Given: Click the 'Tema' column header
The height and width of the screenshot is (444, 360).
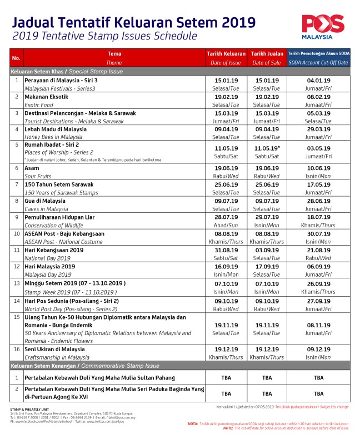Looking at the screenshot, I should point(114,53).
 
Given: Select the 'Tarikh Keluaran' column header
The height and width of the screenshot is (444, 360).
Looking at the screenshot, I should point(226,53).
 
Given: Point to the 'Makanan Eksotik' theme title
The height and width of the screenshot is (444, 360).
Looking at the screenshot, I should point(46,97).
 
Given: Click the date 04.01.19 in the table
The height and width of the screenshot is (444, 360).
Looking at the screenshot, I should point(318,81).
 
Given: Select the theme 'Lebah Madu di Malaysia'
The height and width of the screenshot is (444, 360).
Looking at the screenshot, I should point(56,129).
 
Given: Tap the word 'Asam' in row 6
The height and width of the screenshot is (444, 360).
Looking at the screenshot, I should point(31,167).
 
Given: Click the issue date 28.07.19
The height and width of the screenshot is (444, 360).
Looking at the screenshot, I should point(226,216).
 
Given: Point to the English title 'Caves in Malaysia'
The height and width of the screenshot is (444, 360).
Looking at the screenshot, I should point(46,209).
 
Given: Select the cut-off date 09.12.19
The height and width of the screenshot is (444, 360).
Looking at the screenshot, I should point(318,350).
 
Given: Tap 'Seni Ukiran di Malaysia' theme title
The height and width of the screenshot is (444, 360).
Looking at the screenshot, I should point(54,349).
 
